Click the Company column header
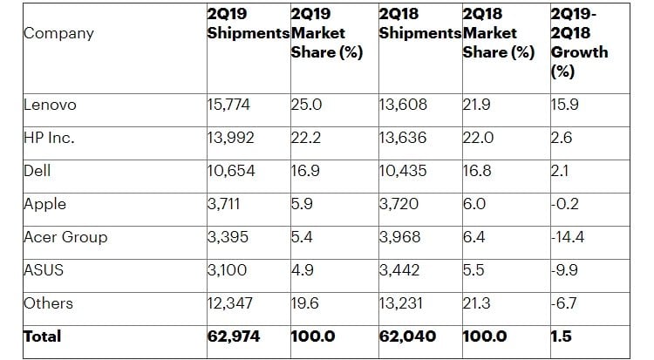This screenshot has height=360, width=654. point(58,33)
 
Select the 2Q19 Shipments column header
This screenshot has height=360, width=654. point(249,24)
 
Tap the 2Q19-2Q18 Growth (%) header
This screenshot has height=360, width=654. point(579,43)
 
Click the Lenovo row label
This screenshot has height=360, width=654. point(50,105)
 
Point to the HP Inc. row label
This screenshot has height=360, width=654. point(49,137)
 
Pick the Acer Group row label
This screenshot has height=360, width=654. point(65,237)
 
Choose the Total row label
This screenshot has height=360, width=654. point(43,336)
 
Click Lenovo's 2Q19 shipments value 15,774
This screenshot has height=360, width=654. point(228,105)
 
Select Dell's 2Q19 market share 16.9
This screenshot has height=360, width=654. point(305,171)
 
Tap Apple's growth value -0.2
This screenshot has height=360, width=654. point(565,204)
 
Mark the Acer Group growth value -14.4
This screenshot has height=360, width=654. point(568,237)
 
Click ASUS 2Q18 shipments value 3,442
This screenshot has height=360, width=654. point(399,270)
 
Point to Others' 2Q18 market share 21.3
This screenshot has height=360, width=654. point(477,303)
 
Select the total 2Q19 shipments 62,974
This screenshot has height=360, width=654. point(234,336)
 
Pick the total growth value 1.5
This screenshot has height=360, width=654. point(562,336)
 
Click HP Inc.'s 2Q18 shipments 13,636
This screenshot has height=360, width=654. point(403,137)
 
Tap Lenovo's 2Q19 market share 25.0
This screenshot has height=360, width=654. point(307,105)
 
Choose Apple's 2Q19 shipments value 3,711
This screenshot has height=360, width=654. point(223,204)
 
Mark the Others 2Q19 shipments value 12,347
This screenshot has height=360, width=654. point(230,303)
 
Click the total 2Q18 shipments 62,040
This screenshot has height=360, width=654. point(407,336)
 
